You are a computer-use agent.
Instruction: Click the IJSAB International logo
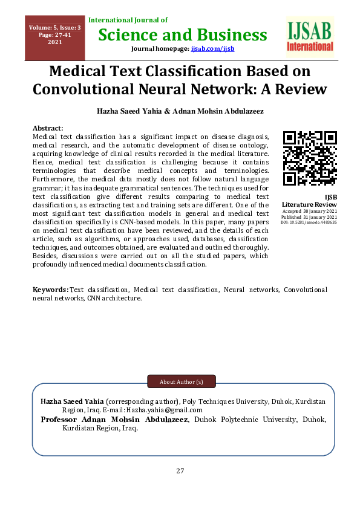tap(310, 35)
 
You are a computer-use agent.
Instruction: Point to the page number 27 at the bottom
tap(180, 472)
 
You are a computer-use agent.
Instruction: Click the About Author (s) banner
tap(182, 382)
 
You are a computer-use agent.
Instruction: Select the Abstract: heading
tap(48, 128)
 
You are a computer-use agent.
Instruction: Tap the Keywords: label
tap(51, 290)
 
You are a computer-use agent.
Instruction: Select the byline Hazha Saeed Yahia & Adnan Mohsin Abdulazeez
tap(180, 112)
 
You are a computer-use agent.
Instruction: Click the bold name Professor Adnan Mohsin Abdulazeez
tap(115, 419)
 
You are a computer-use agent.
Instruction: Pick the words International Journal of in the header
tap(128, 21)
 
